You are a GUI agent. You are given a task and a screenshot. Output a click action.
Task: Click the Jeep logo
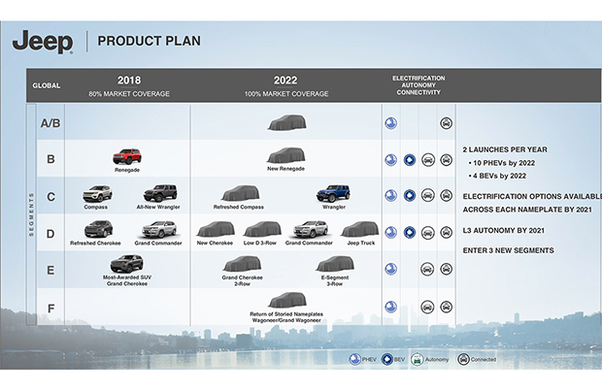pyautogui.click(x=43, y=42)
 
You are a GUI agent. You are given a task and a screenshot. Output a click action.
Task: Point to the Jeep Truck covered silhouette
pyautogui.click(x=359, y=229)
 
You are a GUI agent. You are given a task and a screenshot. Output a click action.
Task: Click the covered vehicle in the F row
pyautogui.click(x=285, y=300)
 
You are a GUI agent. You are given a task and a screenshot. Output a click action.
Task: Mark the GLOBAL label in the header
pyautogui.click(x=46, y=85)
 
